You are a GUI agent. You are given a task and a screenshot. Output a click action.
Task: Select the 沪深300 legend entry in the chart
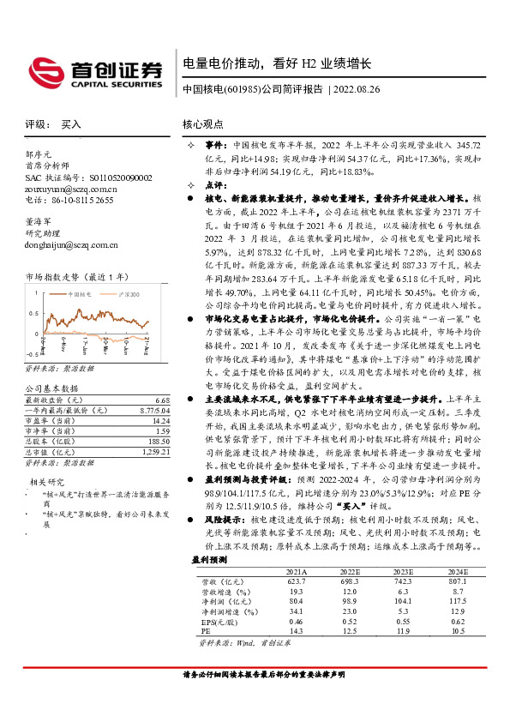(x=126, y=294)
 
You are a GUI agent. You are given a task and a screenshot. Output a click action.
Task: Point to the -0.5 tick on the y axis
(x=32, y=352)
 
